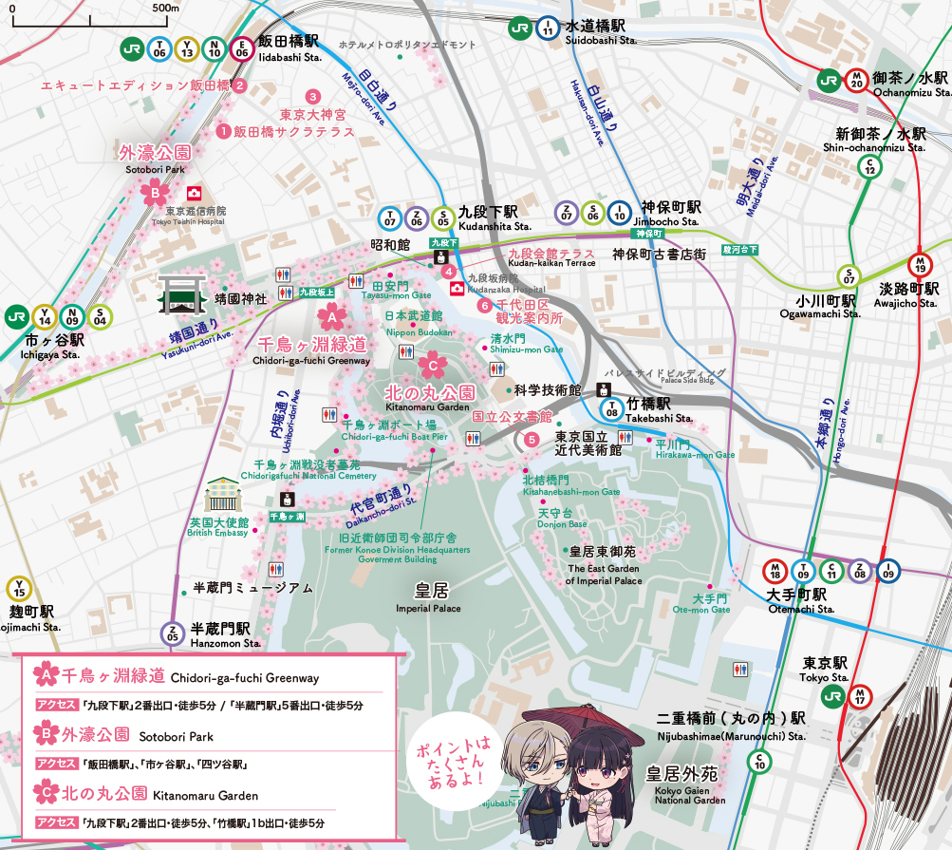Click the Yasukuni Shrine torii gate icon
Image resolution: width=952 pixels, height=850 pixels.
[x=180, y=295]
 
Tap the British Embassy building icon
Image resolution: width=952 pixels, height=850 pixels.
[x=225, y=495]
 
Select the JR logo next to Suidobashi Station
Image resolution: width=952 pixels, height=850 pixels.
[x=519, y=28]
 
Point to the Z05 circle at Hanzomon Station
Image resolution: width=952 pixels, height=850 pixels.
[x=172, y=635]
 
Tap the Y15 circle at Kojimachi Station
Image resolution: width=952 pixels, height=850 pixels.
[x=18, y=589]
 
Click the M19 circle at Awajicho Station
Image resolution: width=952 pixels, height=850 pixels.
[x=919, y=265]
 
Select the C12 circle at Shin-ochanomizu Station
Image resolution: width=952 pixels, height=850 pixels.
[x=868, y=166]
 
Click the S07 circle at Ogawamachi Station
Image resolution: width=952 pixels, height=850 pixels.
[x=849, y=276]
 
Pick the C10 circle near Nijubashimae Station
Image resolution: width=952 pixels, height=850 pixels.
[x=758, y=761]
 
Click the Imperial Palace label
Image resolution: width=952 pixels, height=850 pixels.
[x=428, y=597]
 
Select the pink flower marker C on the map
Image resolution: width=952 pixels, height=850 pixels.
[x=431, y=363]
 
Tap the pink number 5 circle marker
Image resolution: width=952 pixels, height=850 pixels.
[x=532, y=439]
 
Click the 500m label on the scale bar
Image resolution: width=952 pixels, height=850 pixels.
[x=165, y=8]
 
